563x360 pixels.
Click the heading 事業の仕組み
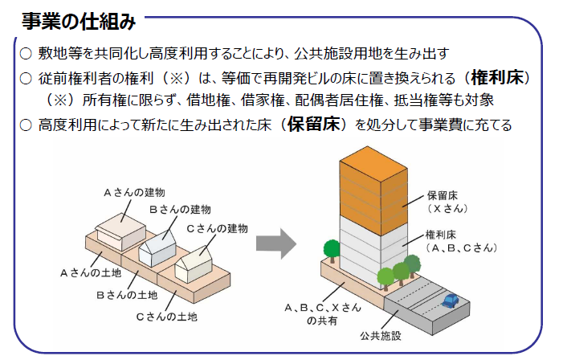79,21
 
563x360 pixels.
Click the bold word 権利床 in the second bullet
497,77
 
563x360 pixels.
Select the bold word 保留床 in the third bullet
313,124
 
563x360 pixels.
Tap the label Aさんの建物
134,193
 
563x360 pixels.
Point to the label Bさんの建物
180,210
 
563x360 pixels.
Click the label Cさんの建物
217,228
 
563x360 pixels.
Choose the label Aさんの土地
91,273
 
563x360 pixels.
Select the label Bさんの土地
127,295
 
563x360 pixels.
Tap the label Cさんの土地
166,317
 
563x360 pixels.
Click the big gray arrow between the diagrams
276,244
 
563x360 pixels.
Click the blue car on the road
451,301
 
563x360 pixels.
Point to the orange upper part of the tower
373,190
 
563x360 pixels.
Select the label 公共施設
381,336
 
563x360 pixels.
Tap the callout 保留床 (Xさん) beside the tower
447,202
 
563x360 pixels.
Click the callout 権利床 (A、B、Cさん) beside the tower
461,241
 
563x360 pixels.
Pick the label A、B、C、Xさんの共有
322,314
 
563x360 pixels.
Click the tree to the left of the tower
332,251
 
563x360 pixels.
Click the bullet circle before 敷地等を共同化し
26,54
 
